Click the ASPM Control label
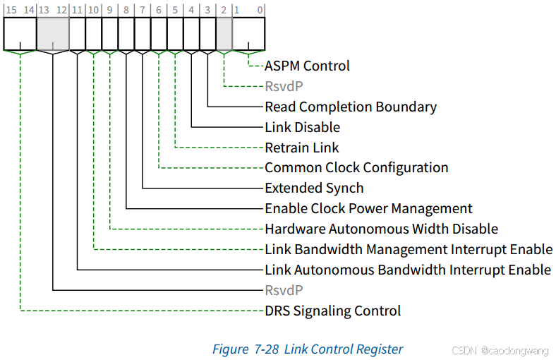click(307, 66)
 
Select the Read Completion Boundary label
click(350, 107)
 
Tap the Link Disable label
click(302, 128)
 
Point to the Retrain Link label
click(301, 148)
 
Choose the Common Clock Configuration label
click(356, 168)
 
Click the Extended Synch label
click(314, 188)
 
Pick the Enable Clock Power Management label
click(368, 209)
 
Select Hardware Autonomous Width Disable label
click(381, 229)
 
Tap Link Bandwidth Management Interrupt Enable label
click(409, 250)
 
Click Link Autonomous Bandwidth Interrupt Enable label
click(408, 270)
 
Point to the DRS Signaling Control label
click(332, 311)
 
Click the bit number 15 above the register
click(11, 9)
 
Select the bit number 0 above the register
click(260, 9)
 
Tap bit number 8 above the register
click(126, 9)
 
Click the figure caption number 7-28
click(265, 349)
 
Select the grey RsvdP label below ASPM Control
click(284, 87)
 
